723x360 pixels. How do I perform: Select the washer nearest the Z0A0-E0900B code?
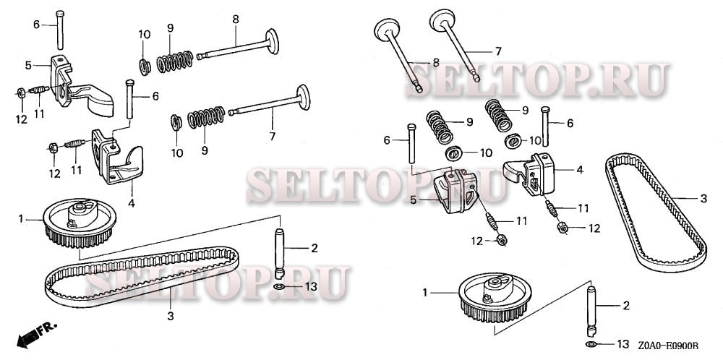click(591, 344)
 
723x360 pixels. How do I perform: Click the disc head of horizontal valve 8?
click(272, 41)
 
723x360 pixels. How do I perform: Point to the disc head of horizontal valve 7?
click(303, 98)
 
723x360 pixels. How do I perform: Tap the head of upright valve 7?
click(442, 19)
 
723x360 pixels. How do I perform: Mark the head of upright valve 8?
click(386, 29)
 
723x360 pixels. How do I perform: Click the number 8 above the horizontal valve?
click(236, 20)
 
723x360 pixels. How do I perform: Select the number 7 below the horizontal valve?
click(272, 137)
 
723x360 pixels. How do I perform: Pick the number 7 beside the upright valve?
click(497, 51)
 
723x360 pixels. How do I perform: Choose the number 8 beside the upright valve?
click(436, 62)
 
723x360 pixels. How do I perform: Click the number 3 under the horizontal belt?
click(171, 317)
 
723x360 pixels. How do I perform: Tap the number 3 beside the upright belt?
click(703, 199)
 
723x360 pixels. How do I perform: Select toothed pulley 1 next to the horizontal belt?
click(80, 223)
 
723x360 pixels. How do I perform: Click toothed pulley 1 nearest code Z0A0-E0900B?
click(495, 297)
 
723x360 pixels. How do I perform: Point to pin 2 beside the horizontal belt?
click(279, 254)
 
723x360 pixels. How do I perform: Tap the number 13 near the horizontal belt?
click(311, 287)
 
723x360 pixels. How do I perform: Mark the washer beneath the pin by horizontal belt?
click(279, 287)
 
